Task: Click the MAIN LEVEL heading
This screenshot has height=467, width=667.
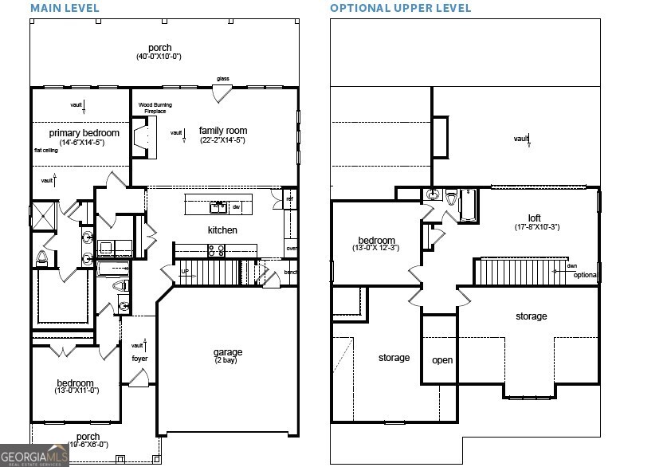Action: pyautogui.click(x=65, y=8)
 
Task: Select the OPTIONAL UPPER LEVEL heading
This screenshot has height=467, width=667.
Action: pyautogui.click(x=401, y=8)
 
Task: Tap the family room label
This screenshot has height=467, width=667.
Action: pyautogui.click(x=223, y=131)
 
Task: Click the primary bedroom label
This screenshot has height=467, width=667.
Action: pyautogui.click(x=84, y=133)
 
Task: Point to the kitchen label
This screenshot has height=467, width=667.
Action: pyautogui.click(x=222, y=230)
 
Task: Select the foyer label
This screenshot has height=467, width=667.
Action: pyautogui.click(x=139, y=359)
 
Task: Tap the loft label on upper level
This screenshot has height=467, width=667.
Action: pyautogui.click(x=534, y=218)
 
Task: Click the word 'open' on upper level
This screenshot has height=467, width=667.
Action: pyautogui.click(x=442, y=360)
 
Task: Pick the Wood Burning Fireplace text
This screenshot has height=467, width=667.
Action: pyautogui.click(x=155, y=108)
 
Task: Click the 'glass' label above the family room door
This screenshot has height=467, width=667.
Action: pyautogui.click(x=223, y=79)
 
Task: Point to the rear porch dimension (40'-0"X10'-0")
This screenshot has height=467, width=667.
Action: pyautogui.click(x=159, y=57)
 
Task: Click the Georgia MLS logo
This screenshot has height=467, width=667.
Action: pyautogui.click(x=36, y=455)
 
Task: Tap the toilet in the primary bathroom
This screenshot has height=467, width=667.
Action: pyautogui.click(x=42, y=257)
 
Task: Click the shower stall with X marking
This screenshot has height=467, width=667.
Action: pyautogui.click(x=42, y=216)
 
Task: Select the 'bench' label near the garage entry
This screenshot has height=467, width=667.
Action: pyautogui.click(x=291, y=273)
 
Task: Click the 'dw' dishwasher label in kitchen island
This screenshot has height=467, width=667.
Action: pyautogui.click(x=236, y=207)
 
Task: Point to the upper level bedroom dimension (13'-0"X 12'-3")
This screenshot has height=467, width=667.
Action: pyautogui.click(x=375, y=249)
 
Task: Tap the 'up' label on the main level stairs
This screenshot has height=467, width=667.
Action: pyautogui.click(x=185, y=271)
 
